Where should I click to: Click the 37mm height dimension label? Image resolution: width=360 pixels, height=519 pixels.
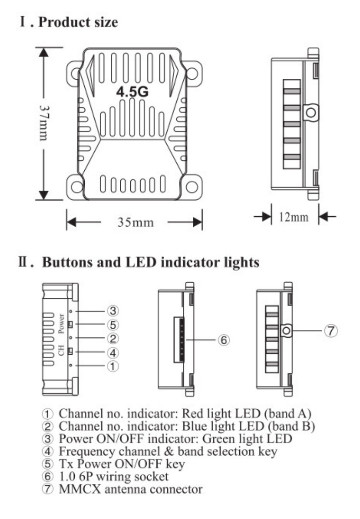click(x=44, y=123)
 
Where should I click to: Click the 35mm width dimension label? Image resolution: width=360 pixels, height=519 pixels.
click(x=135, y=222)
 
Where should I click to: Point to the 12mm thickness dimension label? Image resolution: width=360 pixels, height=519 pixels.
click(x=293, y=217)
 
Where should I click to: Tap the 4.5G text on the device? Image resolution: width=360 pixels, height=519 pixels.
click(x=132, y=92)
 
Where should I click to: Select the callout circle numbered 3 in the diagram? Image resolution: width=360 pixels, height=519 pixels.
click(x=113, y=311)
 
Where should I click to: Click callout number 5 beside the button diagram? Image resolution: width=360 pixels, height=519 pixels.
click(x=113, y=325)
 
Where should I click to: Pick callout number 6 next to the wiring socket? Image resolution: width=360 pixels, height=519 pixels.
click(x=224, y=340)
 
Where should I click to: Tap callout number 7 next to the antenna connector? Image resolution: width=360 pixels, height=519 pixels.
click(x=330, y=331)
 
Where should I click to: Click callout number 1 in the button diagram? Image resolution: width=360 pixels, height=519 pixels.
click(x=113, y=366)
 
